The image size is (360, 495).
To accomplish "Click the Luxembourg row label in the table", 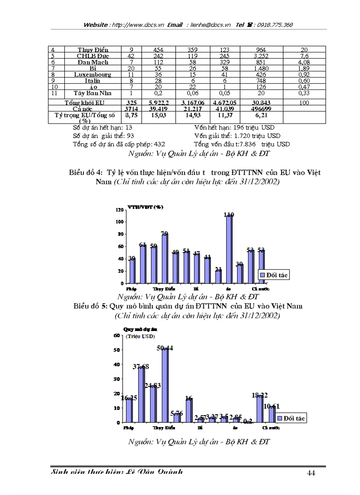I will pos(92,74).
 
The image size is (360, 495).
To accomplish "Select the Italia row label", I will pos(93,81).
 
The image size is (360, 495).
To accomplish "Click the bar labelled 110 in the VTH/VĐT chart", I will pos(229,249).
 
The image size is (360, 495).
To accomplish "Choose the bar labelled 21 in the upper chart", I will pos(218,277).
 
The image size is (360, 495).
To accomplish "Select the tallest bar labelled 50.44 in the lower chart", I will pos(165,386).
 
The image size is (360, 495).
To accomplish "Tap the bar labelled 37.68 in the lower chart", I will pos(141,395).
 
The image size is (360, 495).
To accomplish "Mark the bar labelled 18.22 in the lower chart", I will pos(259,409).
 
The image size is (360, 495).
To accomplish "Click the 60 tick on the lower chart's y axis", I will pos(117,335).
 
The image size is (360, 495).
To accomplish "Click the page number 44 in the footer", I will pos(311,473).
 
